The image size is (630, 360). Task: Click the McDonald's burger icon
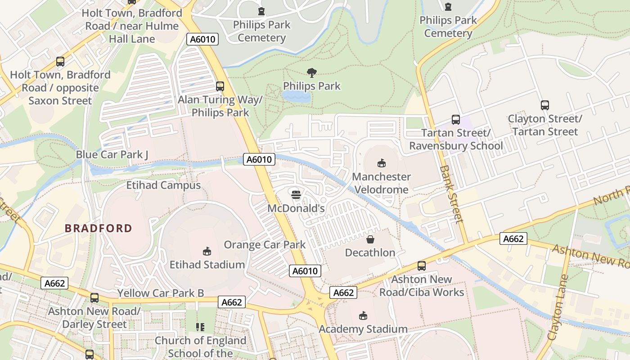tap(296, 195)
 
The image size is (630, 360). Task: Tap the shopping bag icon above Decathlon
tap(370, 239)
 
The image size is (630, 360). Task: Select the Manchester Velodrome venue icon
tap(382, 163)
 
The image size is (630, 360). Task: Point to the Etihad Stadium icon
tap(207, 251)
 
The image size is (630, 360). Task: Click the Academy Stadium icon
tap(363, 315)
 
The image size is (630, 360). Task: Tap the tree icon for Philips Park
tap(311, 72)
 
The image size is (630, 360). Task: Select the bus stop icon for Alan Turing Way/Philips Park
tap(220, 86)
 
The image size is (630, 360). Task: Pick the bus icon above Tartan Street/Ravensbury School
tap(456, 120)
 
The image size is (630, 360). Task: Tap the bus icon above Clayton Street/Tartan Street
tap(545, 105)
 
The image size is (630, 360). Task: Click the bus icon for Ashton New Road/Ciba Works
tap(422, 266)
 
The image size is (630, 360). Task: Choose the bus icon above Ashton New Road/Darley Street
tap(94, 297)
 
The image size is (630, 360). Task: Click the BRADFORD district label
tap(99, 228)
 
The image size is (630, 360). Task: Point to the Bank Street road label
tap(451, 194)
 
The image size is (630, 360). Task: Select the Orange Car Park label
tap(265, 245)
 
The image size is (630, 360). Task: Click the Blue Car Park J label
tap(112, 155)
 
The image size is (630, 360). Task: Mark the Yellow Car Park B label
tap(161, 293)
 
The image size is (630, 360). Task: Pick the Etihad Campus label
tap(163, 185)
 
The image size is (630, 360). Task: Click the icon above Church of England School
tap(200, 327)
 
